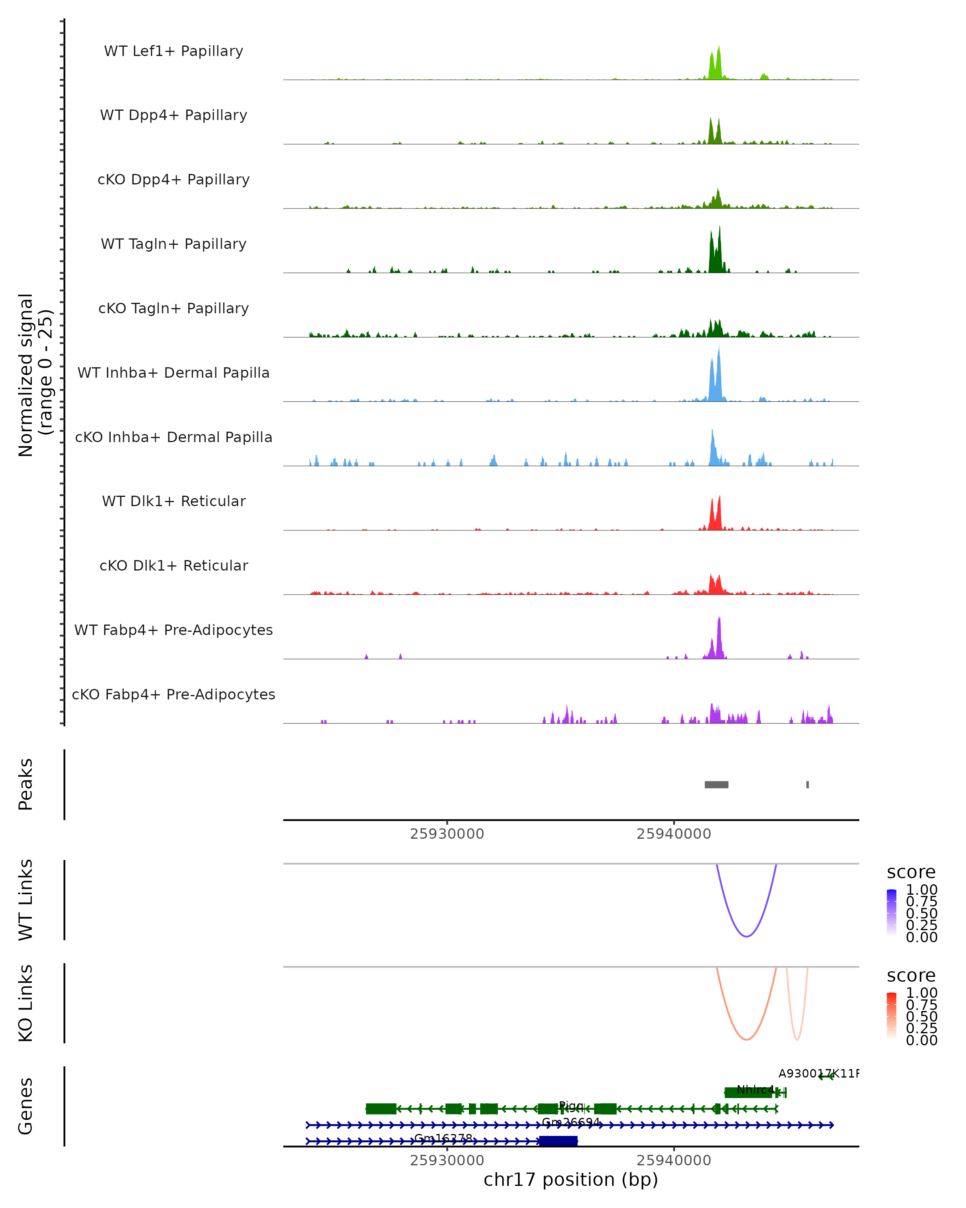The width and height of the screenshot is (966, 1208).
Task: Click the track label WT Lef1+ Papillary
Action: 173,51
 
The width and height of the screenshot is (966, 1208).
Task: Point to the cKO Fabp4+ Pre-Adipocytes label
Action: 173,694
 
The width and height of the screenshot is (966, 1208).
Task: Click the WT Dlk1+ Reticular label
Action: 173,501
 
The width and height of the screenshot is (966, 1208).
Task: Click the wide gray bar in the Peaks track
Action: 716,784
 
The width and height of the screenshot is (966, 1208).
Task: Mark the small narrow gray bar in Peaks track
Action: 807,784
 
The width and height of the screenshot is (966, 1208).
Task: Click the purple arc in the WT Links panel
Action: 747,936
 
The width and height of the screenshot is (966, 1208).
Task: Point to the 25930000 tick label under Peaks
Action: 447,834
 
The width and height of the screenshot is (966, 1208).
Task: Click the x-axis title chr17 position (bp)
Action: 571,1179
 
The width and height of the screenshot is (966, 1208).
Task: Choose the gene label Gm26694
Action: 571,1122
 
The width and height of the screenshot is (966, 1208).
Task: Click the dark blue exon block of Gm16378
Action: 558,1141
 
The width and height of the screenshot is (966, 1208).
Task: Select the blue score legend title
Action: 910,872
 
